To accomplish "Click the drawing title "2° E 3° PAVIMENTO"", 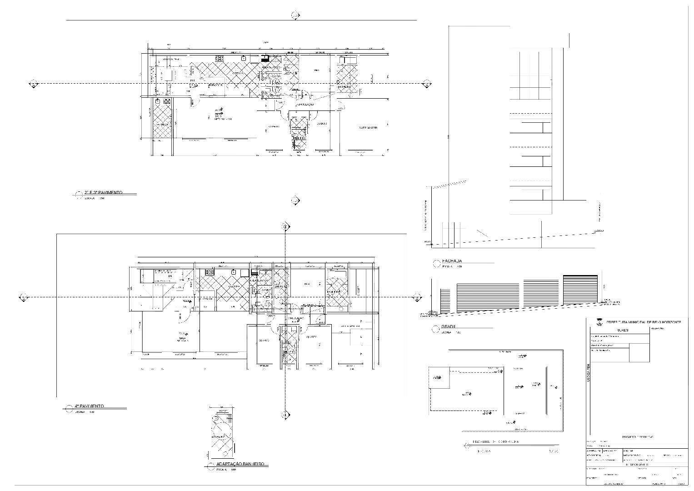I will click(103, 193).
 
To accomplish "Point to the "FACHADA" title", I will click(451, 261).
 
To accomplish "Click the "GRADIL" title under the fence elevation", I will click(448, 327).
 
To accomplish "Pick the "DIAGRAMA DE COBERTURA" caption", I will click(495, 442).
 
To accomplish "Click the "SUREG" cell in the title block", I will click(623, 330).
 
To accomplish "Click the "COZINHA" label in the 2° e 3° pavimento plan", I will click(236, 73).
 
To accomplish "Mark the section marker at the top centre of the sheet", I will click(295, 16).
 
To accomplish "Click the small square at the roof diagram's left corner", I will click(439, 377).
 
